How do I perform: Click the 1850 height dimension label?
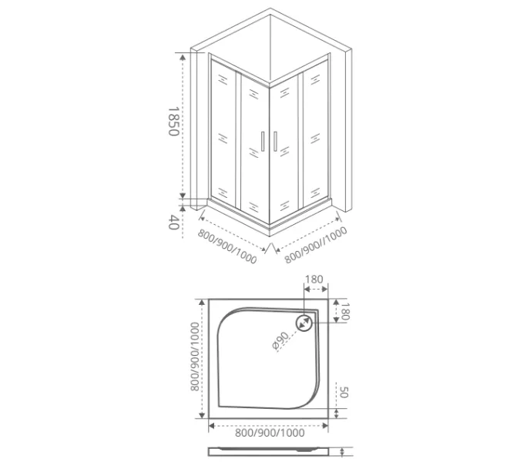click(x=173, y=121)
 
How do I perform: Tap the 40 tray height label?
click(x=173, y=223)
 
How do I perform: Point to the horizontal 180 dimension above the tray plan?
click(x=314, y=280)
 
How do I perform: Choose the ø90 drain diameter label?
click(x=280, y=341)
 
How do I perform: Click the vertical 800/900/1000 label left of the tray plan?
click(x=195, y=357)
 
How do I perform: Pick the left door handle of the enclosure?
click(x=263, y=142)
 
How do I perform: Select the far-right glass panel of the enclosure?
click(x=315, y=135)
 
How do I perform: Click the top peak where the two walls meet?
click(x=271, y=10)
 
